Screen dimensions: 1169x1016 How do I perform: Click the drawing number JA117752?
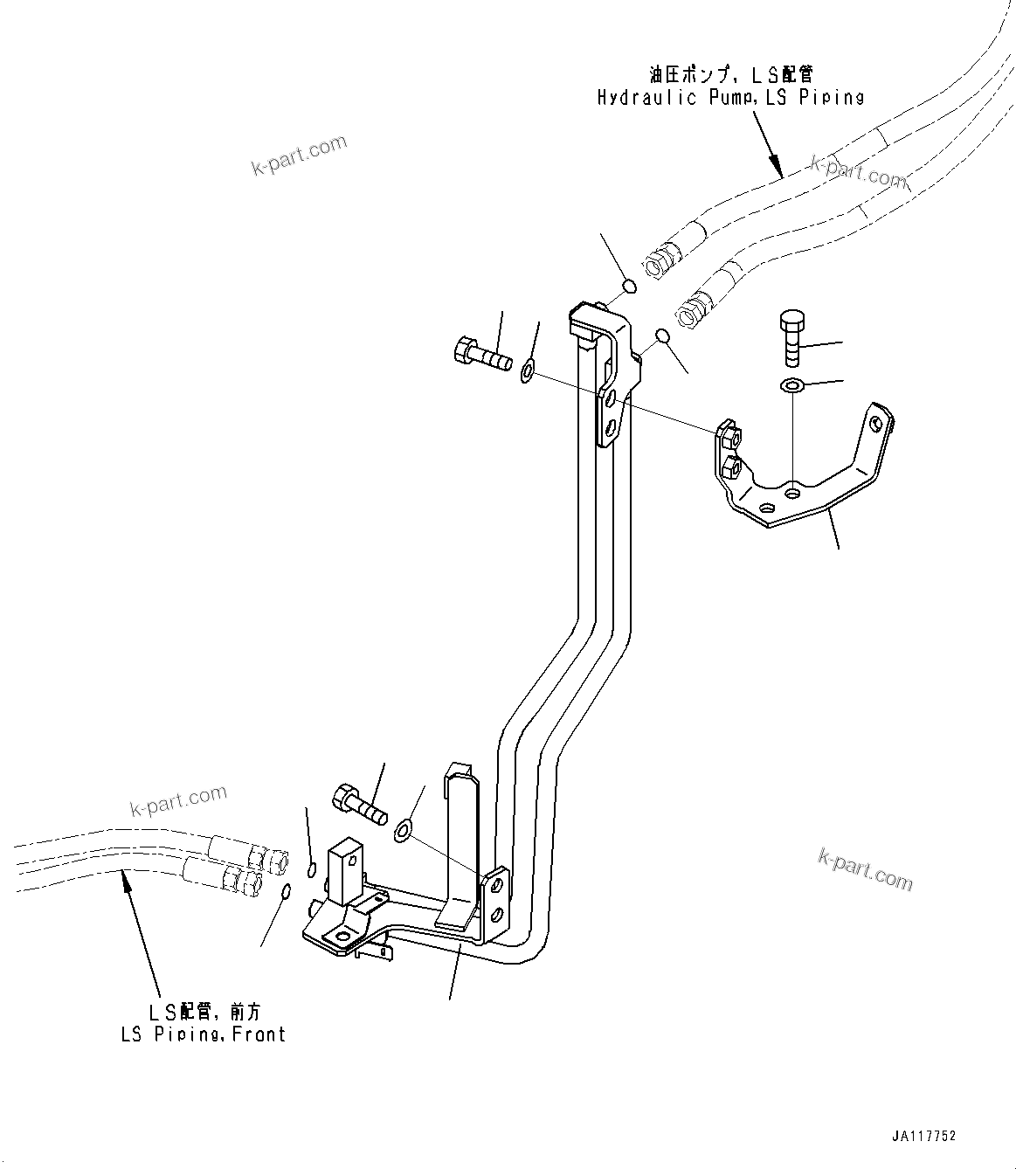tap(924, 1137)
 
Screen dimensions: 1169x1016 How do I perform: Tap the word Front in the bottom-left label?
tap(259, 1034)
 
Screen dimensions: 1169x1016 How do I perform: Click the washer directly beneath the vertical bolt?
tap(791, 384)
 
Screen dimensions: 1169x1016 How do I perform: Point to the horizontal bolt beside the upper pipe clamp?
tap(480, 355)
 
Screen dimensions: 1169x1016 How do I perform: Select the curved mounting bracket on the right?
tap(804, 476)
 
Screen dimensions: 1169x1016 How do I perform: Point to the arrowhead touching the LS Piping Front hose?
tap(128, 887)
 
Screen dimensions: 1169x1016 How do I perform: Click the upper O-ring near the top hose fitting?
tap(628, 286)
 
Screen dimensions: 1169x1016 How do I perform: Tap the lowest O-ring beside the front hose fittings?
tap(287, 890)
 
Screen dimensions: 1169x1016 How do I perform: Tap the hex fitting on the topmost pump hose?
tap(656, 260)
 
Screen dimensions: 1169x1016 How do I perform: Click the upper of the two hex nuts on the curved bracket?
tap(729, 434)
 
